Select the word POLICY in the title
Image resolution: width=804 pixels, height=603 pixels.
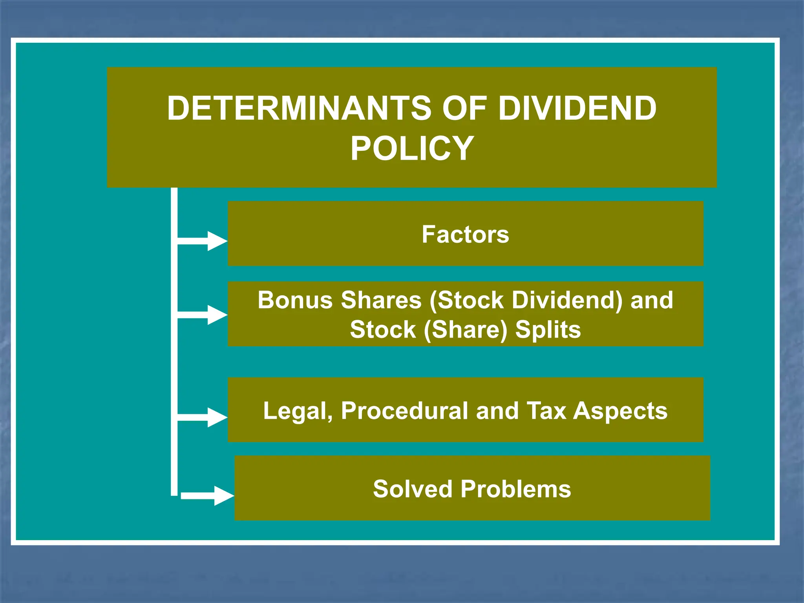[412, 148]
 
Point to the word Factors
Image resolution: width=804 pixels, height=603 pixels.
[465, 235]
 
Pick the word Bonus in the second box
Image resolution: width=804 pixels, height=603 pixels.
[295, 300]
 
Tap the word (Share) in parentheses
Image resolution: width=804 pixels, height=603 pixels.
[466, 330]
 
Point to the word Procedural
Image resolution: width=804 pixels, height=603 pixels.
[404, 411]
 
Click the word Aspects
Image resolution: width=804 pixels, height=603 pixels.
[620, 411]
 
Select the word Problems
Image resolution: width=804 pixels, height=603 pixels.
[515, 489]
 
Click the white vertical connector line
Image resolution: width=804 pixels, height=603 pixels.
[174, 353]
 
